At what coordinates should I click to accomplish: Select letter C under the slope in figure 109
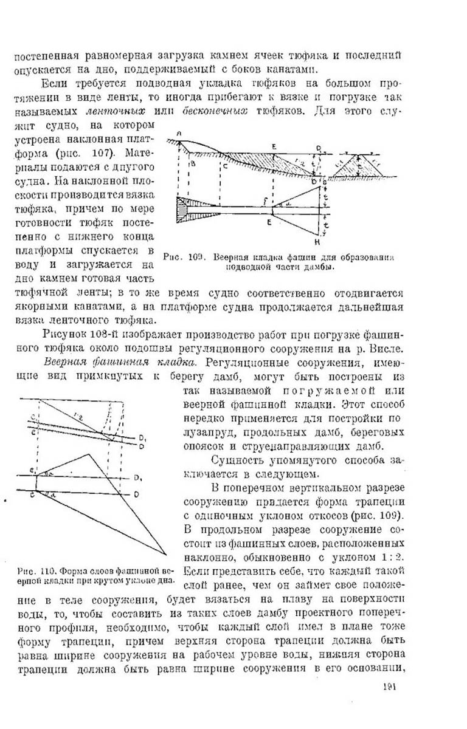pos(225,165)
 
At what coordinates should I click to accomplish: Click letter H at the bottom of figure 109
pos(323,240)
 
